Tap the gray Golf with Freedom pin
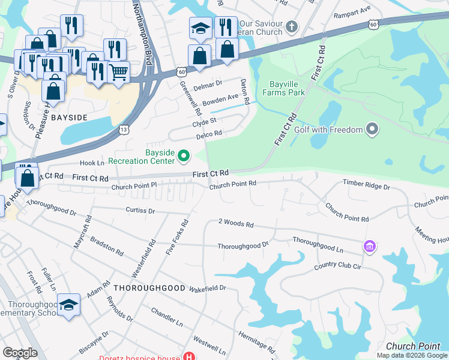(x=372, y=129)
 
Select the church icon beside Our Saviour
(x=292, y=26)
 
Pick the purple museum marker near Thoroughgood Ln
(x=369, y=247)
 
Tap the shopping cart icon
(x=119, y=71)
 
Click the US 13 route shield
(x=124, y=129)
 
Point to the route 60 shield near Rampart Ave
(x=373, y=25)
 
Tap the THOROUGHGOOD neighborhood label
(x=149, y=288)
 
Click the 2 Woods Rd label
(x=236, y=224)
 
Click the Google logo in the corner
(x=20, y=352)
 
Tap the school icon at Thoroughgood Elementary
(x=69, y=305)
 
